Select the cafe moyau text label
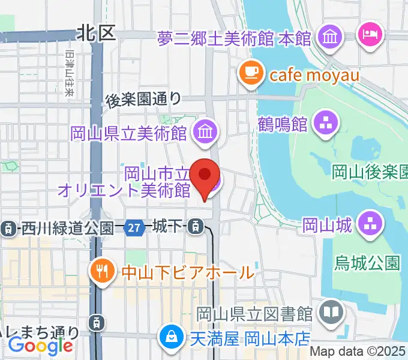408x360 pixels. click(x=314, y=75)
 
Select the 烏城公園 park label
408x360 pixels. click(x=368, y=262)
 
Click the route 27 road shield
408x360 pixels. click(x=135, y=227)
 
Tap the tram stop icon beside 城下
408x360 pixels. click(x=195, y=227)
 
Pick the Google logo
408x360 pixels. click(x=41, y=346)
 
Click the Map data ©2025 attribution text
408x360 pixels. click(x=358, y=352)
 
